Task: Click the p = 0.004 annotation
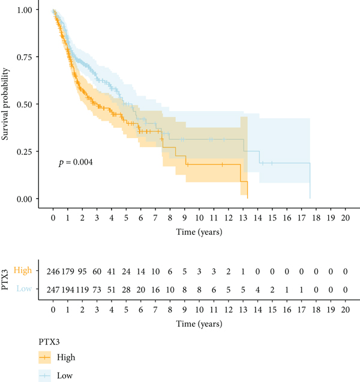(x=75, y=162)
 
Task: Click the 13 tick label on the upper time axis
(x=242, y=216)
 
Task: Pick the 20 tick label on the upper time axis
(x=344, y=216)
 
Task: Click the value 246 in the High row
(x=53, y=271)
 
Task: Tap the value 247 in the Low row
(x=53, y=290)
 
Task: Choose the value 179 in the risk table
(x=68, y=271)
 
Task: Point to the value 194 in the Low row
(x=68, y=290)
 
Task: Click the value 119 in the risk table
(x=82, y=290)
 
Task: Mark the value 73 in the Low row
(x=97, y=290)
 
